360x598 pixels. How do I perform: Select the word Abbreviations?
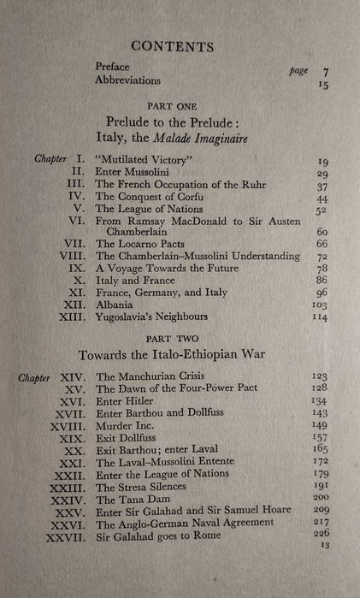128,80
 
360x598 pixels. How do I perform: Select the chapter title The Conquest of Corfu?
149,196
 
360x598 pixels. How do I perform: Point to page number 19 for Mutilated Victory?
323,161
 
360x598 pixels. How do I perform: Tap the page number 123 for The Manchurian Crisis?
319,376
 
